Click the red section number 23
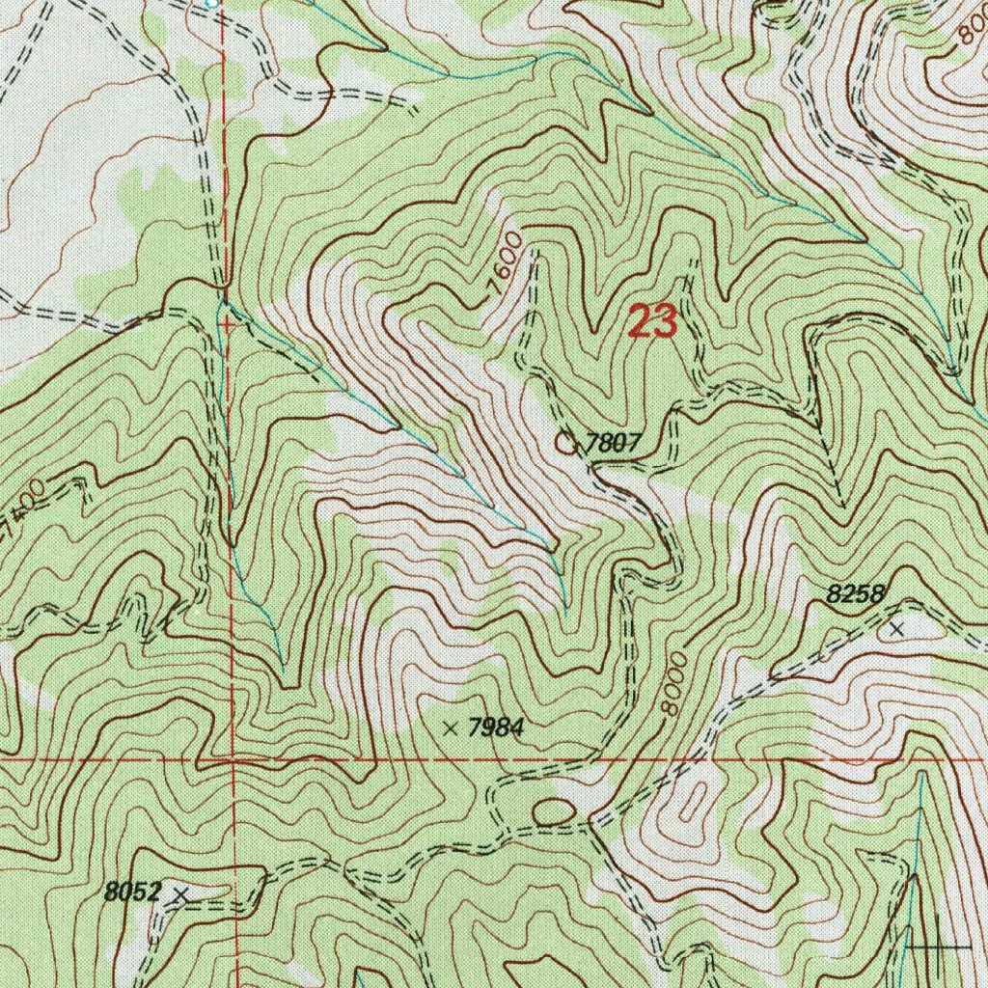click(652, 321)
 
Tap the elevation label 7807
click(614, 443)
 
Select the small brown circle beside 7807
click(566, 443)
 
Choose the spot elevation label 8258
click(856, 595)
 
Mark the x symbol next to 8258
click(897, 629)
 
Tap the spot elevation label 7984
click(495, 728)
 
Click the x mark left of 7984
click(450, 727)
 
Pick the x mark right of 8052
click(178, 896)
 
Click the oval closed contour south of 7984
click(552, 814)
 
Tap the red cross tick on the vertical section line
click(226, 325)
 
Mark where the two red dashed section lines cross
click(233, 760)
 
